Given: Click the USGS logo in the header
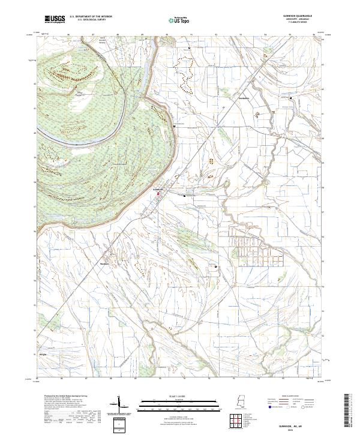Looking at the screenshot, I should pyautogui.click(x=55, y=19).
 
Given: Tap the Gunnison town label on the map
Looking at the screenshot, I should pyautogui.click(x=159, y=189).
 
